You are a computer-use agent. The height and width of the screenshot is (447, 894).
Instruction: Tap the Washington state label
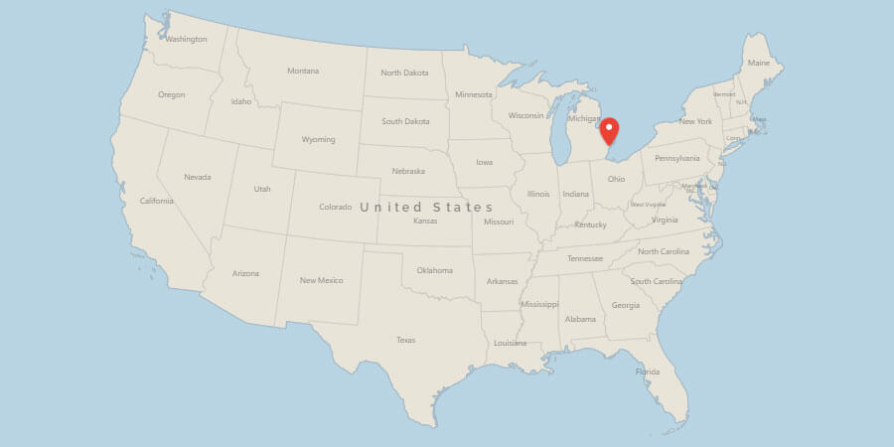tap(186, 40)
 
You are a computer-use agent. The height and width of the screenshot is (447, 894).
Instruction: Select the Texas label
tap(405, 340)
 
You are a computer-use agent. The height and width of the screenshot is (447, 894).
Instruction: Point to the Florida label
tap(648, 372)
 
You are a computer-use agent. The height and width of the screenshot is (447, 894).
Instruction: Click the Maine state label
tap(759, 64)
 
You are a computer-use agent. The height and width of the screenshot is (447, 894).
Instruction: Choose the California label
tap(157, 201)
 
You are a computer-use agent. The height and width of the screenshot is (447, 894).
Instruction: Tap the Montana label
tap(303, 71)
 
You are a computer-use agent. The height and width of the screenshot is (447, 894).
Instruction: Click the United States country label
tap(426, 207)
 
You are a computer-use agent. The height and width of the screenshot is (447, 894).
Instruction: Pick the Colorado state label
tap(335, 207)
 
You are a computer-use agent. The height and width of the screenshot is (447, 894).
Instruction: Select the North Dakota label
tap(404, 73)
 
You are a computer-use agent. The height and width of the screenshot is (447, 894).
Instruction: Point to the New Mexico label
tap(322, 280)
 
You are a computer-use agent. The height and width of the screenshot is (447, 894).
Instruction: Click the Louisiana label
tap(511, 343)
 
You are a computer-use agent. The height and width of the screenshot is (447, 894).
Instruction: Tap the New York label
tap(695, 121)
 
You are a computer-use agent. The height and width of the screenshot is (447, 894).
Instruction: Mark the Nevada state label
tap(198, 177)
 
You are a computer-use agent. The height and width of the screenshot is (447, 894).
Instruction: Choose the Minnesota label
tap(473, 94)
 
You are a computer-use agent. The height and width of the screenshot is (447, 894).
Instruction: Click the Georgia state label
tap(626, 305)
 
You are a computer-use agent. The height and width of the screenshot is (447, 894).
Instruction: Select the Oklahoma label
tap(434, 270)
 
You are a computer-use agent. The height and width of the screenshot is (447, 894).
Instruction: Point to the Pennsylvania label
tap(676, 158)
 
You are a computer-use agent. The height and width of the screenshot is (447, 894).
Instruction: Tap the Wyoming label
tap(318, 139)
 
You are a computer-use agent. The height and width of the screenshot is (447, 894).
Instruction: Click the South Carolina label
tap(656, 281)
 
